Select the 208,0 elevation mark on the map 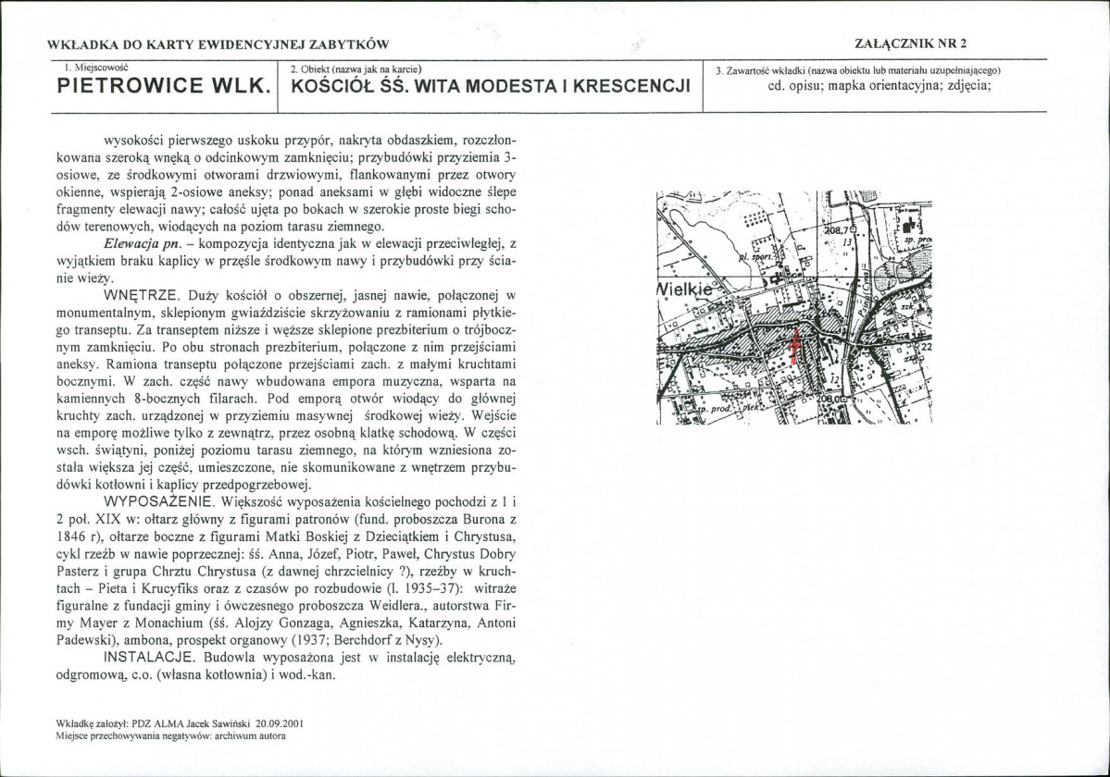tap(833, 400)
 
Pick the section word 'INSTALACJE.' tap(148, 658)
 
